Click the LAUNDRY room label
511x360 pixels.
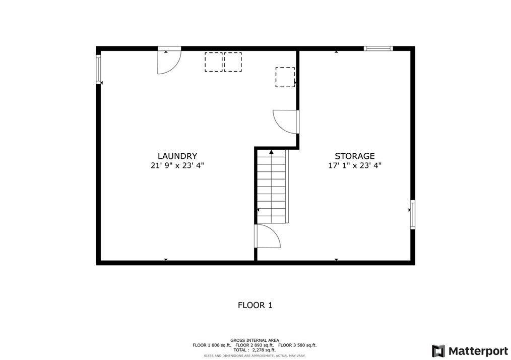177,156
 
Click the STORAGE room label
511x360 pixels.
355,156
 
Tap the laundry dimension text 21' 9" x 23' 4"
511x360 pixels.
177,165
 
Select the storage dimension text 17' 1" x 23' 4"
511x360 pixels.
355,165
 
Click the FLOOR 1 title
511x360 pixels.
255,305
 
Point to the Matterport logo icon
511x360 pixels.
438,350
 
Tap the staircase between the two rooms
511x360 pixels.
272,187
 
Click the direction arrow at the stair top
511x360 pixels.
271,152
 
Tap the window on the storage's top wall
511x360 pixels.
378,49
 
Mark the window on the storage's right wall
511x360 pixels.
412,214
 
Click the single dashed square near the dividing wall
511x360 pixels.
285,77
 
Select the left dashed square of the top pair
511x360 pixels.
213,62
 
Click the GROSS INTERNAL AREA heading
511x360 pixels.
254,340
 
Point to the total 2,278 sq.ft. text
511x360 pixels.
254,350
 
